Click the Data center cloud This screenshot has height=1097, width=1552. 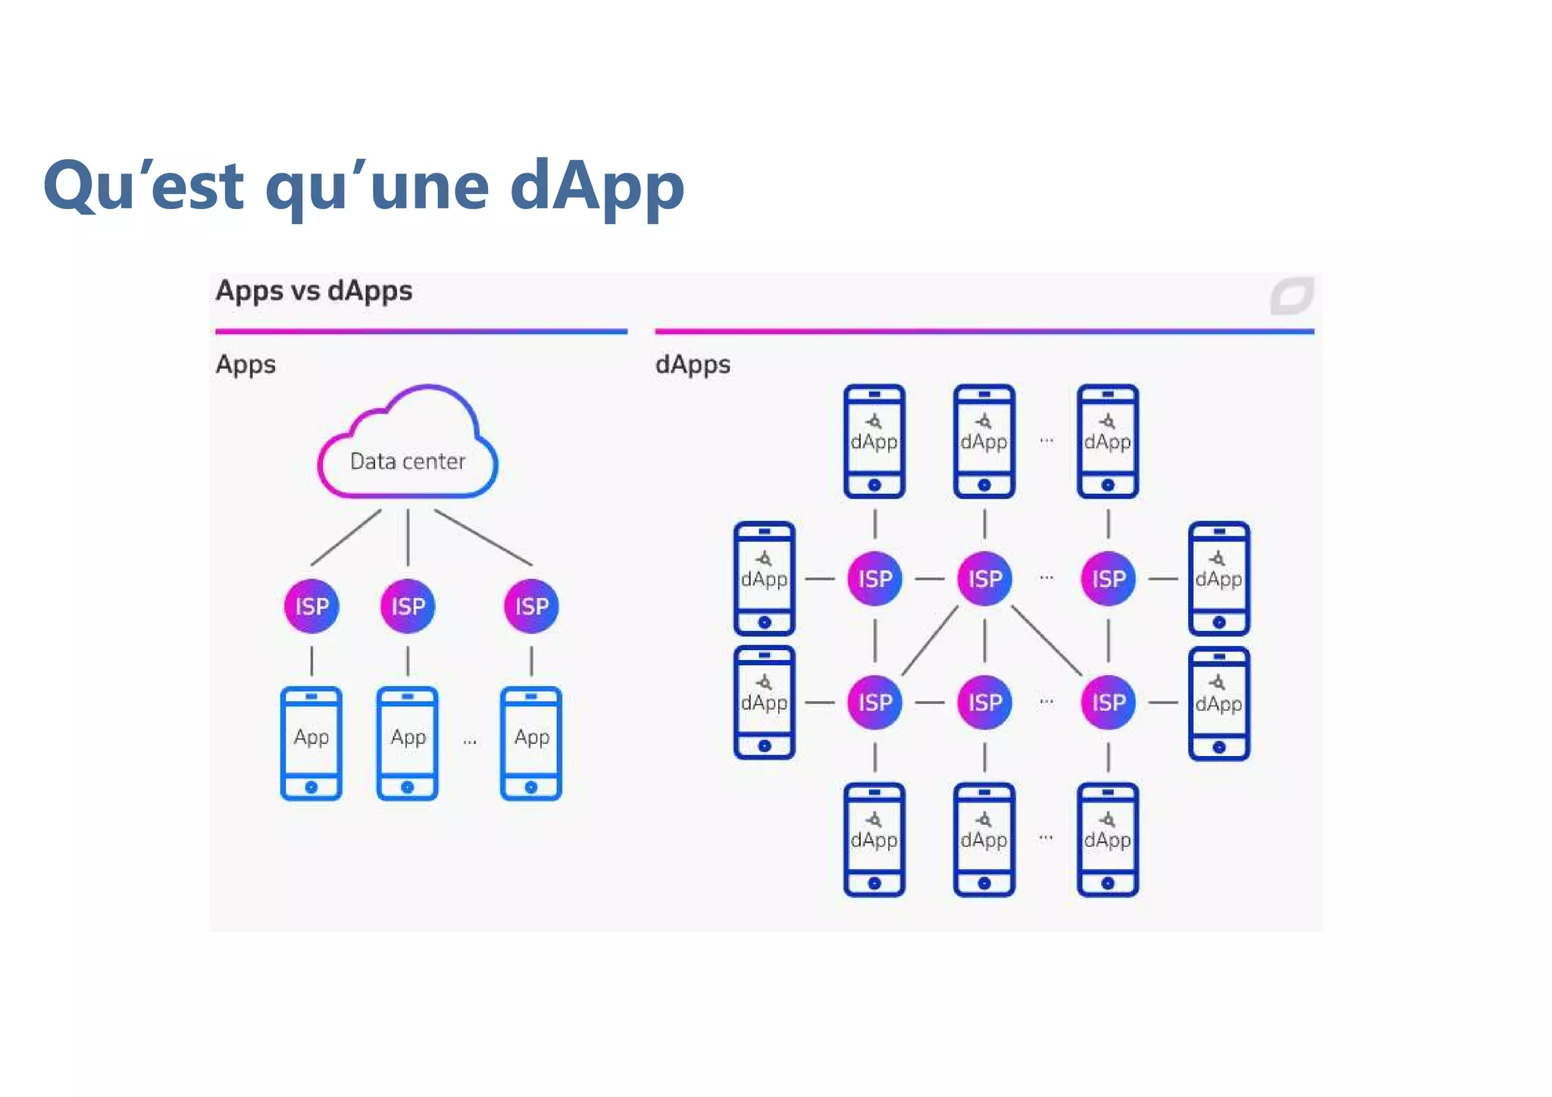point(408,447)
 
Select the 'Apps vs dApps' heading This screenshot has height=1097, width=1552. point(314,291)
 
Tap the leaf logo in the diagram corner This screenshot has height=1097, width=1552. point(1291,295)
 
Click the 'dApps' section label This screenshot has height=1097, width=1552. point(693,364)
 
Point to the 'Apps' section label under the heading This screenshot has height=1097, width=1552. point(246,364)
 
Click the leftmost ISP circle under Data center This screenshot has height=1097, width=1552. point(311,606)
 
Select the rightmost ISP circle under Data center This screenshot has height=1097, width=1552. point(531,606)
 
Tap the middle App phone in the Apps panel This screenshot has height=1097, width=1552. point(408,743)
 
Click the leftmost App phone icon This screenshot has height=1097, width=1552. point(311,743)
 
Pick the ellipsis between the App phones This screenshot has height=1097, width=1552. point(470,741)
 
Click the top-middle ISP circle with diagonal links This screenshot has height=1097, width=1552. point(984,579)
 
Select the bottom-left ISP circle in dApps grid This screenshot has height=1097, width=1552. point(875,702)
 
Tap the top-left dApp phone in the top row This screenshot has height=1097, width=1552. point(875,441)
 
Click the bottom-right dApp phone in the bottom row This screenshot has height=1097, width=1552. point(1107,839)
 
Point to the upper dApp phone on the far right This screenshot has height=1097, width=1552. point(1219,579)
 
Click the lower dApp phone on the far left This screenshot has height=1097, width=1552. point(764,702)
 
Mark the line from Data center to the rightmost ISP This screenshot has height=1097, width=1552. point(483,537)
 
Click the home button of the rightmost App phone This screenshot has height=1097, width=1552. point(531,787)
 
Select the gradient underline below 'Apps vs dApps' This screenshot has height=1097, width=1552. point(421,331)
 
